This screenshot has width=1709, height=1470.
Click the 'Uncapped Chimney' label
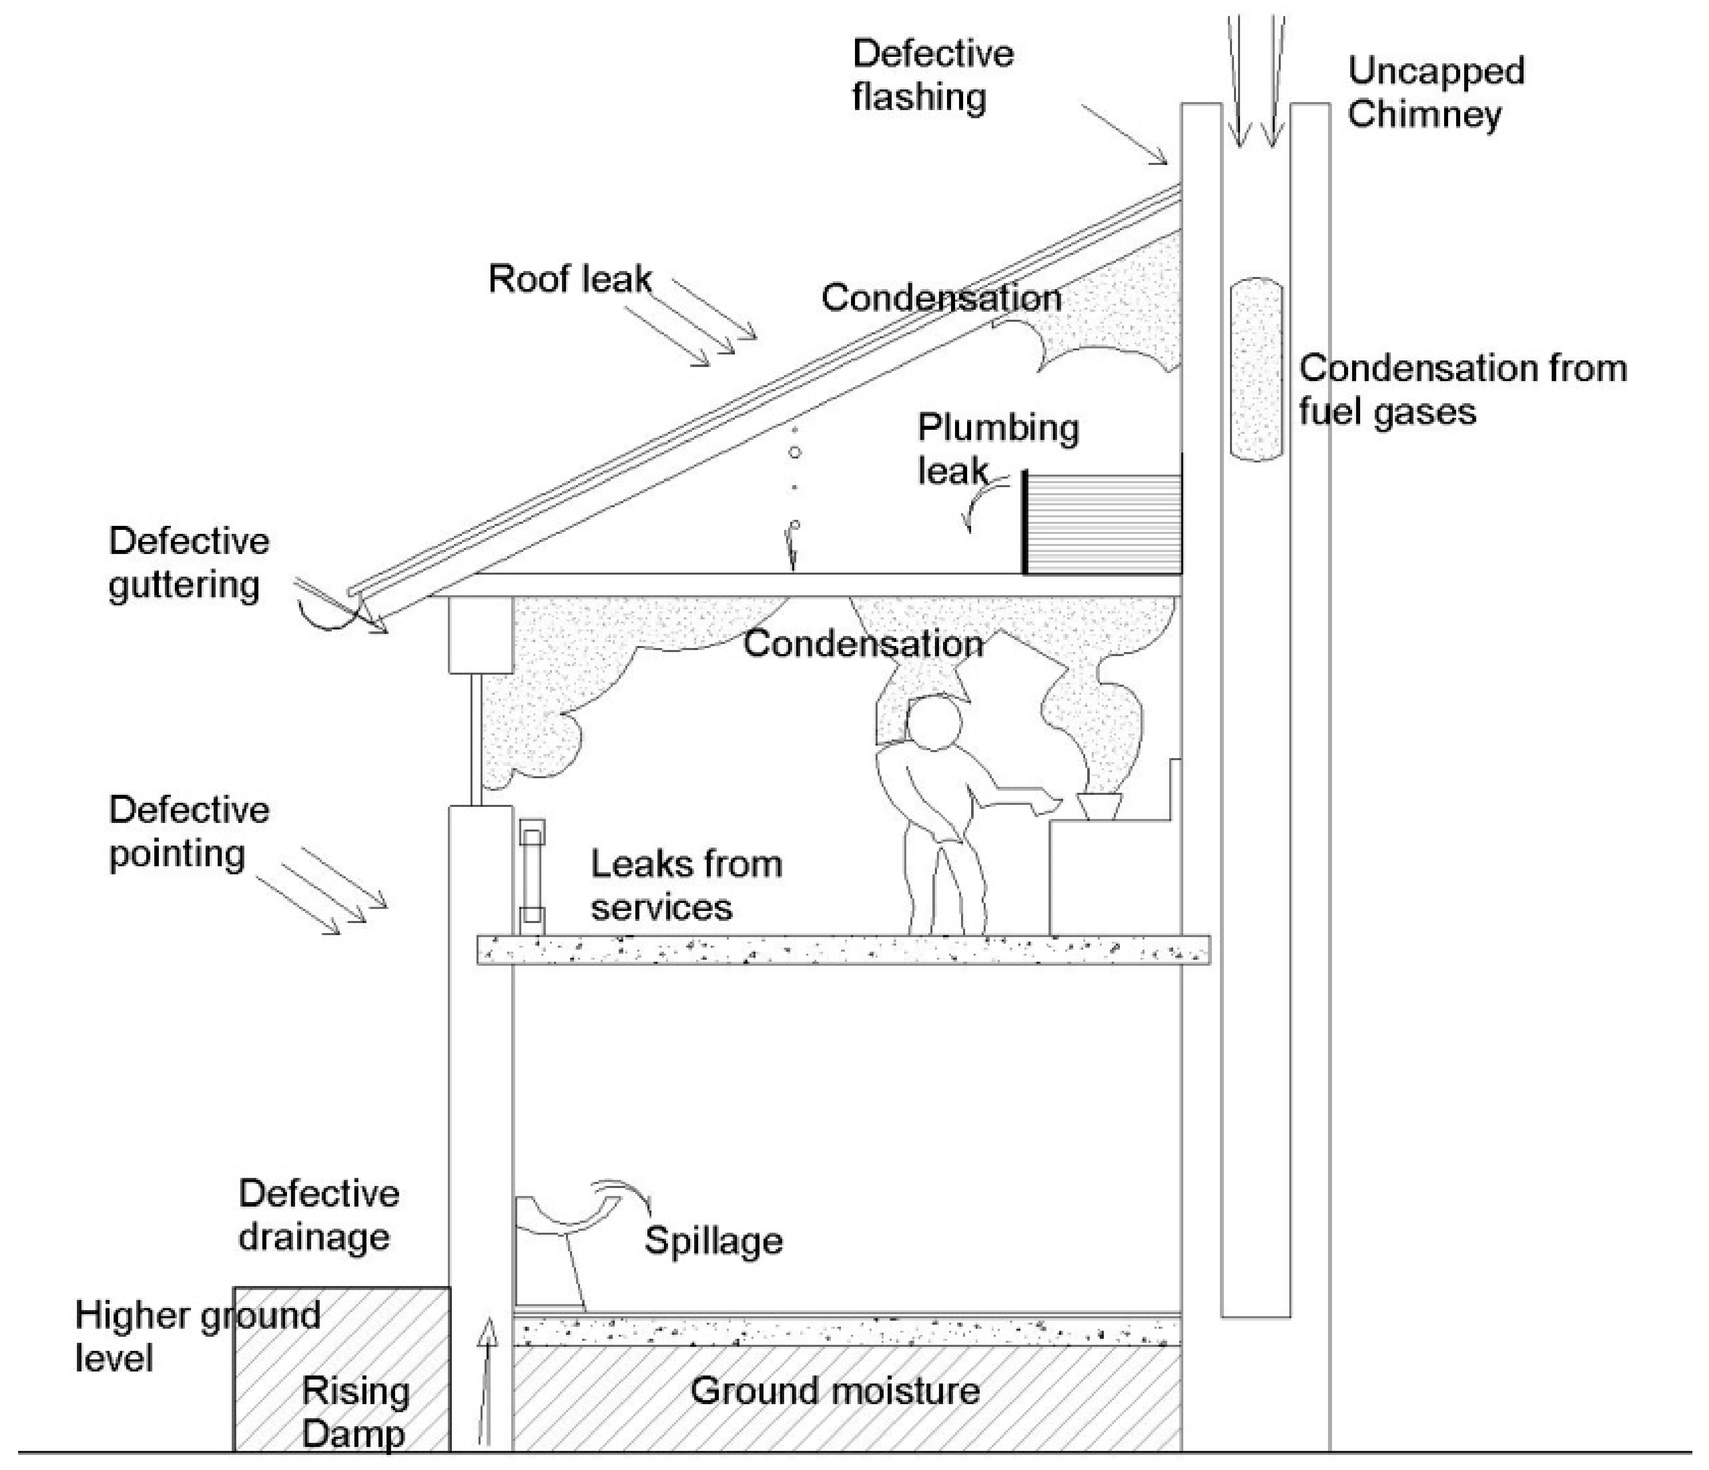point(1435,93)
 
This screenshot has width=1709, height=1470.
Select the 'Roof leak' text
point(569,279)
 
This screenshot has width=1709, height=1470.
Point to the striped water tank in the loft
point(1103,524)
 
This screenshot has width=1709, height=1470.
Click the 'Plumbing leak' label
point(996,449)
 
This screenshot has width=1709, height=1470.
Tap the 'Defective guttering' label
point(188,564)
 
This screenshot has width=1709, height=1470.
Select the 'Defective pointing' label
point(188,832)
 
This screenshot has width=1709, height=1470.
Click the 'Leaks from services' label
point(686,886)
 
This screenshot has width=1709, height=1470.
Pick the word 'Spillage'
point(713,1241)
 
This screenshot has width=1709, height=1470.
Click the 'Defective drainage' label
point(318,1215)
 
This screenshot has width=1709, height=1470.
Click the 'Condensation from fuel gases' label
point(1462,389)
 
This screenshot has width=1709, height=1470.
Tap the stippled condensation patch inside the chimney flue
point(1255,370)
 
